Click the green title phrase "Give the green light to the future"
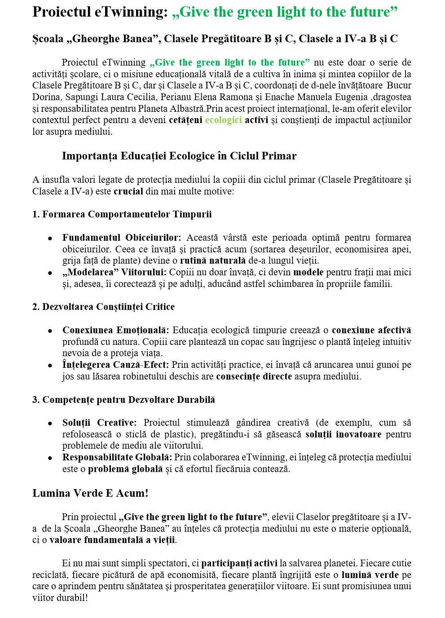tap(285, 12)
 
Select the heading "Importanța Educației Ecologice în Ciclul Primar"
tap(179, 156)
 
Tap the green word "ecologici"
tap(223, 120)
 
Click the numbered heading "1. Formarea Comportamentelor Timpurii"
tap(122, 214)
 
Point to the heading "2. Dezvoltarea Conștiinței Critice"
tap(103, 307)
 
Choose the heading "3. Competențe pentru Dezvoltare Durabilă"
tap(123, 400)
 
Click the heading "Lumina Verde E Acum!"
tap(90, 493)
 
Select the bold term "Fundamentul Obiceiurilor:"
tap(122, 238)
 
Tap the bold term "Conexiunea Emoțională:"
tap(116, 330)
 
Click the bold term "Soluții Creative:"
tap(99, 423)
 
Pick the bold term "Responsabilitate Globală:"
tap(117, 457)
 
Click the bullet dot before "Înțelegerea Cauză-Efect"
tap(50, 366)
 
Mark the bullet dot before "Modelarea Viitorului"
tap(50, 273)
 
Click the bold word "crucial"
tap(128, 191)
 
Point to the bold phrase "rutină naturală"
tap(213, 260)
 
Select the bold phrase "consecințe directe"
tap(254, 376)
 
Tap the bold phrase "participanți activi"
tap(239, 563)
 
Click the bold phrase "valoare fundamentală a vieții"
tap(112, 540)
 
